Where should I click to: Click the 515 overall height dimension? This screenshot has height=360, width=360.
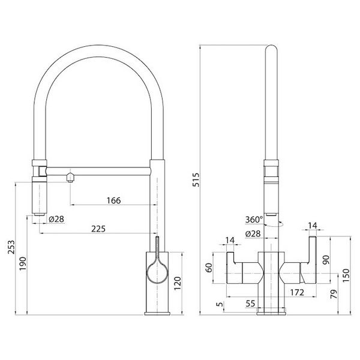pyautogui.click(x=196, y=180)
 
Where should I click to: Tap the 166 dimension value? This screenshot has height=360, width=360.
pyautogui.click(x=113, y=200)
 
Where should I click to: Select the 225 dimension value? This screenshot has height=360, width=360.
pyautogui.click(x=98, y=229)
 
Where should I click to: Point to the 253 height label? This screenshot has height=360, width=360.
pyautogui.click(x=11, y=247)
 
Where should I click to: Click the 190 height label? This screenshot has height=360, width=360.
pyautogui.click(x=23, y=264)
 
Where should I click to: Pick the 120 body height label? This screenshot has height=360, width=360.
pyautogui.click(x=178, y=284)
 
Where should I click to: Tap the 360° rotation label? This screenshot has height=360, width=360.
pyautogui.click(x=254, y=220)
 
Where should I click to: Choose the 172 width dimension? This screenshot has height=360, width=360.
pyautogui.click(x=297, y=293)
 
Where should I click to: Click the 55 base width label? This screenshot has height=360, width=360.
pyautogui.click(x=250, y=304)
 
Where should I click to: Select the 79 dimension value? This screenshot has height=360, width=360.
pyautogui.click(x=334, y=294)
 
